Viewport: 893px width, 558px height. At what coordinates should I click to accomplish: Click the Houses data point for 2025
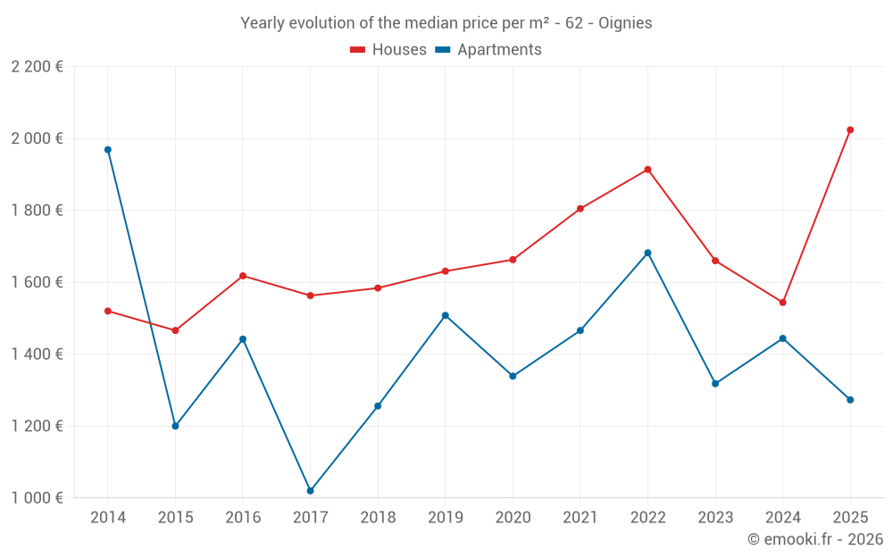tap(850, 129)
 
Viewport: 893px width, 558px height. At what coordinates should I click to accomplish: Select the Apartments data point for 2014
tap(108, 150)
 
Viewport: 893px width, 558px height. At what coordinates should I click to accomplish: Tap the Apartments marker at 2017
tap(311, 491)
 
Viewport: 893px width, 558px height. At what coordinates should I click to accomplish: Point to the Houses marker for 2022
tap(647, 170)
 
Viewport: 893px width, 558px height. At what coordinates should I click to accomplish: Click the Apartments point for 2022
tap(647, 253)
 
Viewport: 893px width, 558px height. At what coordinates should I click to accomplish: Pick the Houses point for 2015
tap(175, 330)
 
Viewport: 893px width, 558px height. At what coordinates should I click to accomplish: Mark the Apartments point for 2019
tap(446, 315)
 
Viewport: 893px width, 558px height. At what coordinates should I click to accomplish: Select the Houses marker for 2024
tap(782, 303)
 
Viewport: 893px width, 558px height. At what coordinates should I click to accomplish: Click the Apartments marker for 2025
tap(850, 400)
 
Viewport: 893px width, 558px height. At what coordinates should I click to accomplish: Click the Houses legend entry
tap(388, 50)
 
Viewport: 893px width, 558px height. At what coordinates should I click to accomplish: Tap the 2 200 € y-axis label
tap(37, 67)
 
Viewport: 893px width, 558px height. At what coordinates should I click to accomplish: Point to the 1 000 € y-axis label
tap(37, 498)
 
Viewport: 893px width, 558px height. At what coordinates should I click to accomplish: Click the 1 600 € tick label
tap(37, 282)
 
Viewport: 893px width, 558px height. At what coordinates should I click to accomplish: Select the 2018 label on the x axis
tap(378, 518)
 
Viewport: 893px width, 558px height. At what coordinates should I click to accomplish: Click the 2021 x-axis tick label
tap(580, 518)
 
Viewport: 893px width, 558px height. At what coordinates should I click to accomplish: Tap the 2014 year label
tap(108, 518)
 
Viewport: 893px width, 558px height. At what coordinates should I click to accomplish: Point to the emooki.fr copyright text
tap(814, 539)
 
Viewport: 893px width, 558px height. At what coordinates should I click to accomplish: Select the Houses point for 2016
tap(243, 276)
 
